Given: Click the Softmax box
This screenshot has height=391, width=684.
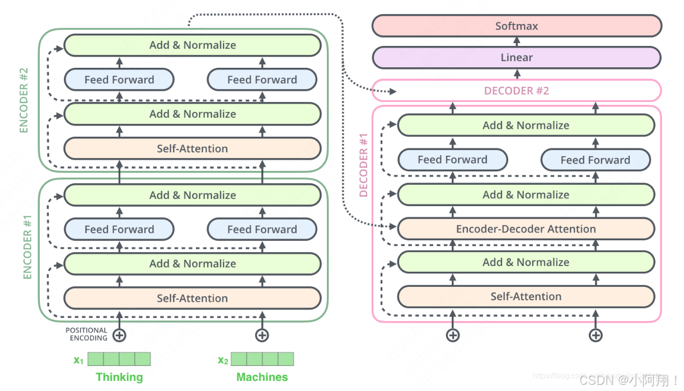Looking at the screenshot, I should [517, 26].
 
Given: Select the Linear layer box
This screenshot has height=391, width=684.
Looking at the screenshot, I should [517, 58].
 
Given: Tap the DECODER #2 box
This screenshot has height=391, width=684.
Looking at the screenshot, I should [517, 91].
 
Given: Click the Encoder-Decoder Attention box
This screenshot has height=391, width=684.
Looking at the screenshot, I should [526, 229].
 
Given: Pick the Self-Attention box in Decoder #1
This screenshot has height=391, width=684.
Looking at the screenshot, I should [526, 296].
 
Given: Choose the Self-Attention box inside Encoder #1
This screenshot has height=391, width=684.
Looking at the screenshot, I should [192, 298].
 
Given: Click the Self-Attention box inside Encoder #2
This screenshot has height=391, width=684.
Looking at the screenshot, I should [192, 148].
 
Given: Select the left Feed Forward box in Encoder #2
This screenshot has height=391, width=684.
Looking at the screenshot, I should [119, 80].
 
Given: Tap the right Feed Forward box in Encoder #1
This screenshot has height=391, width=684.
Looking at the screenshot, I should [262, 229].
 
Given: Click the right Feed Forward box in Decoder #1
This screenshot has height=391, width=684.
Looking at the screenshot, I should [595, 160].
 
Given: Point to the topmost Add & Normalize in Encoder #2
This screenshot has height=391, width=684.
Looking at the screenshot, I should [192, 45].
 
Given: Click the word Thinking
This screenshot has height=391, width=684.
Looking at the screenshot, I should [119, 377].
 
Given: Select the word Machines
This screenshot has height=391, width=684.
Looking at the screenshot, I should [262, 377].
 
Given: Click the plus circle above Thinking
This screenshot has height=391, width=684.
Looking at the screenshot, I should [119, 335].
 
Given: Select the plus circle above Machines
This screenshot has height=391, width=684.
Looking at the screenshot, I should [262, 335].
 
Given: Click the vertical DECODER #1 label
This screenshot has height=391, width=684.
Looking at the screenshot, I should [364, 166].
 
